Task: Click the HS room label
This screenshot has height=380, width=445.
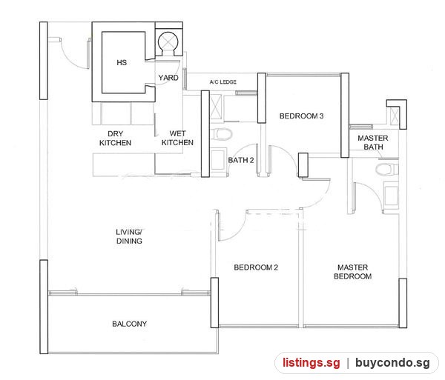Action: [x=122, y=63]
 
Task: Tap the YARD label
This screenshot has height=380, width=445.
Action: [x=168, y=78]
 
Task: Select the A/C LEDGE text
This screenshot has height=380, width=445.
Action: [x=222, y=82]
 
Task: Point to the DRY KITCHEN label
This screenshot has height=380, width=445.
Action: [x=115, y=139]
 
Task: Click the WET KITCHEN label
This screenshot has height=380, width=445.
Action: [x=177, y=138]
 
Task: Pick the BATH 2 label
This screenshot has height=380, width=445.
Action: [x=241, y=160]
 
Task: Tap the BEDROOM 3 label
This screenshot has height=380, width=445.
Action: [x=301, y=116]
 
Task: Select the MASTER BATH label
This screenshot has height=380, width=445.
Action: [x=373, y=142]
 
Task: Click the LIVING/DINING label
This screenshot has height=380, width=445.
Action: [x=129, y=236]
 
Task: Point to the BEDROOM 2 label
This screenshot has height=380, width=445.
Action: [x=256, y=267]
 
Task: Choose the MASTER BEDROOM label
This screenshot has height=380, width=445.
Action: [x=353, y=272]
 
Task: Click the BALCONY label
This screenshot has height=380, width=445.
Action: [x=129, y=324]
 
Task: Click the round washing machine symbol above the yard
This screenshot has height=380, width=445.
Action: [x=168, y=42]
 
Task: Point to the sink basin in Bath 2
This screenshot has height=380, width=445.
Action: [x=218, y=160]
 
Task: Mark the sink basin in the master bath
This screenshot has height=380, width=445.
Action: [x=391, y=195]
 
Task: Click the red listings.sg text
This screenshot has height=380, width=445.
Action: [x=311, y=363]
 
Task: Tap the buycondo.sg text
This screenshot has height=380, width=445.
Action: [x=392, y=363]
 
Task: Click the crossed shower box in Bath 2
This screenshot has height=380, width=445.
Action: [x=216, y=109]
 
